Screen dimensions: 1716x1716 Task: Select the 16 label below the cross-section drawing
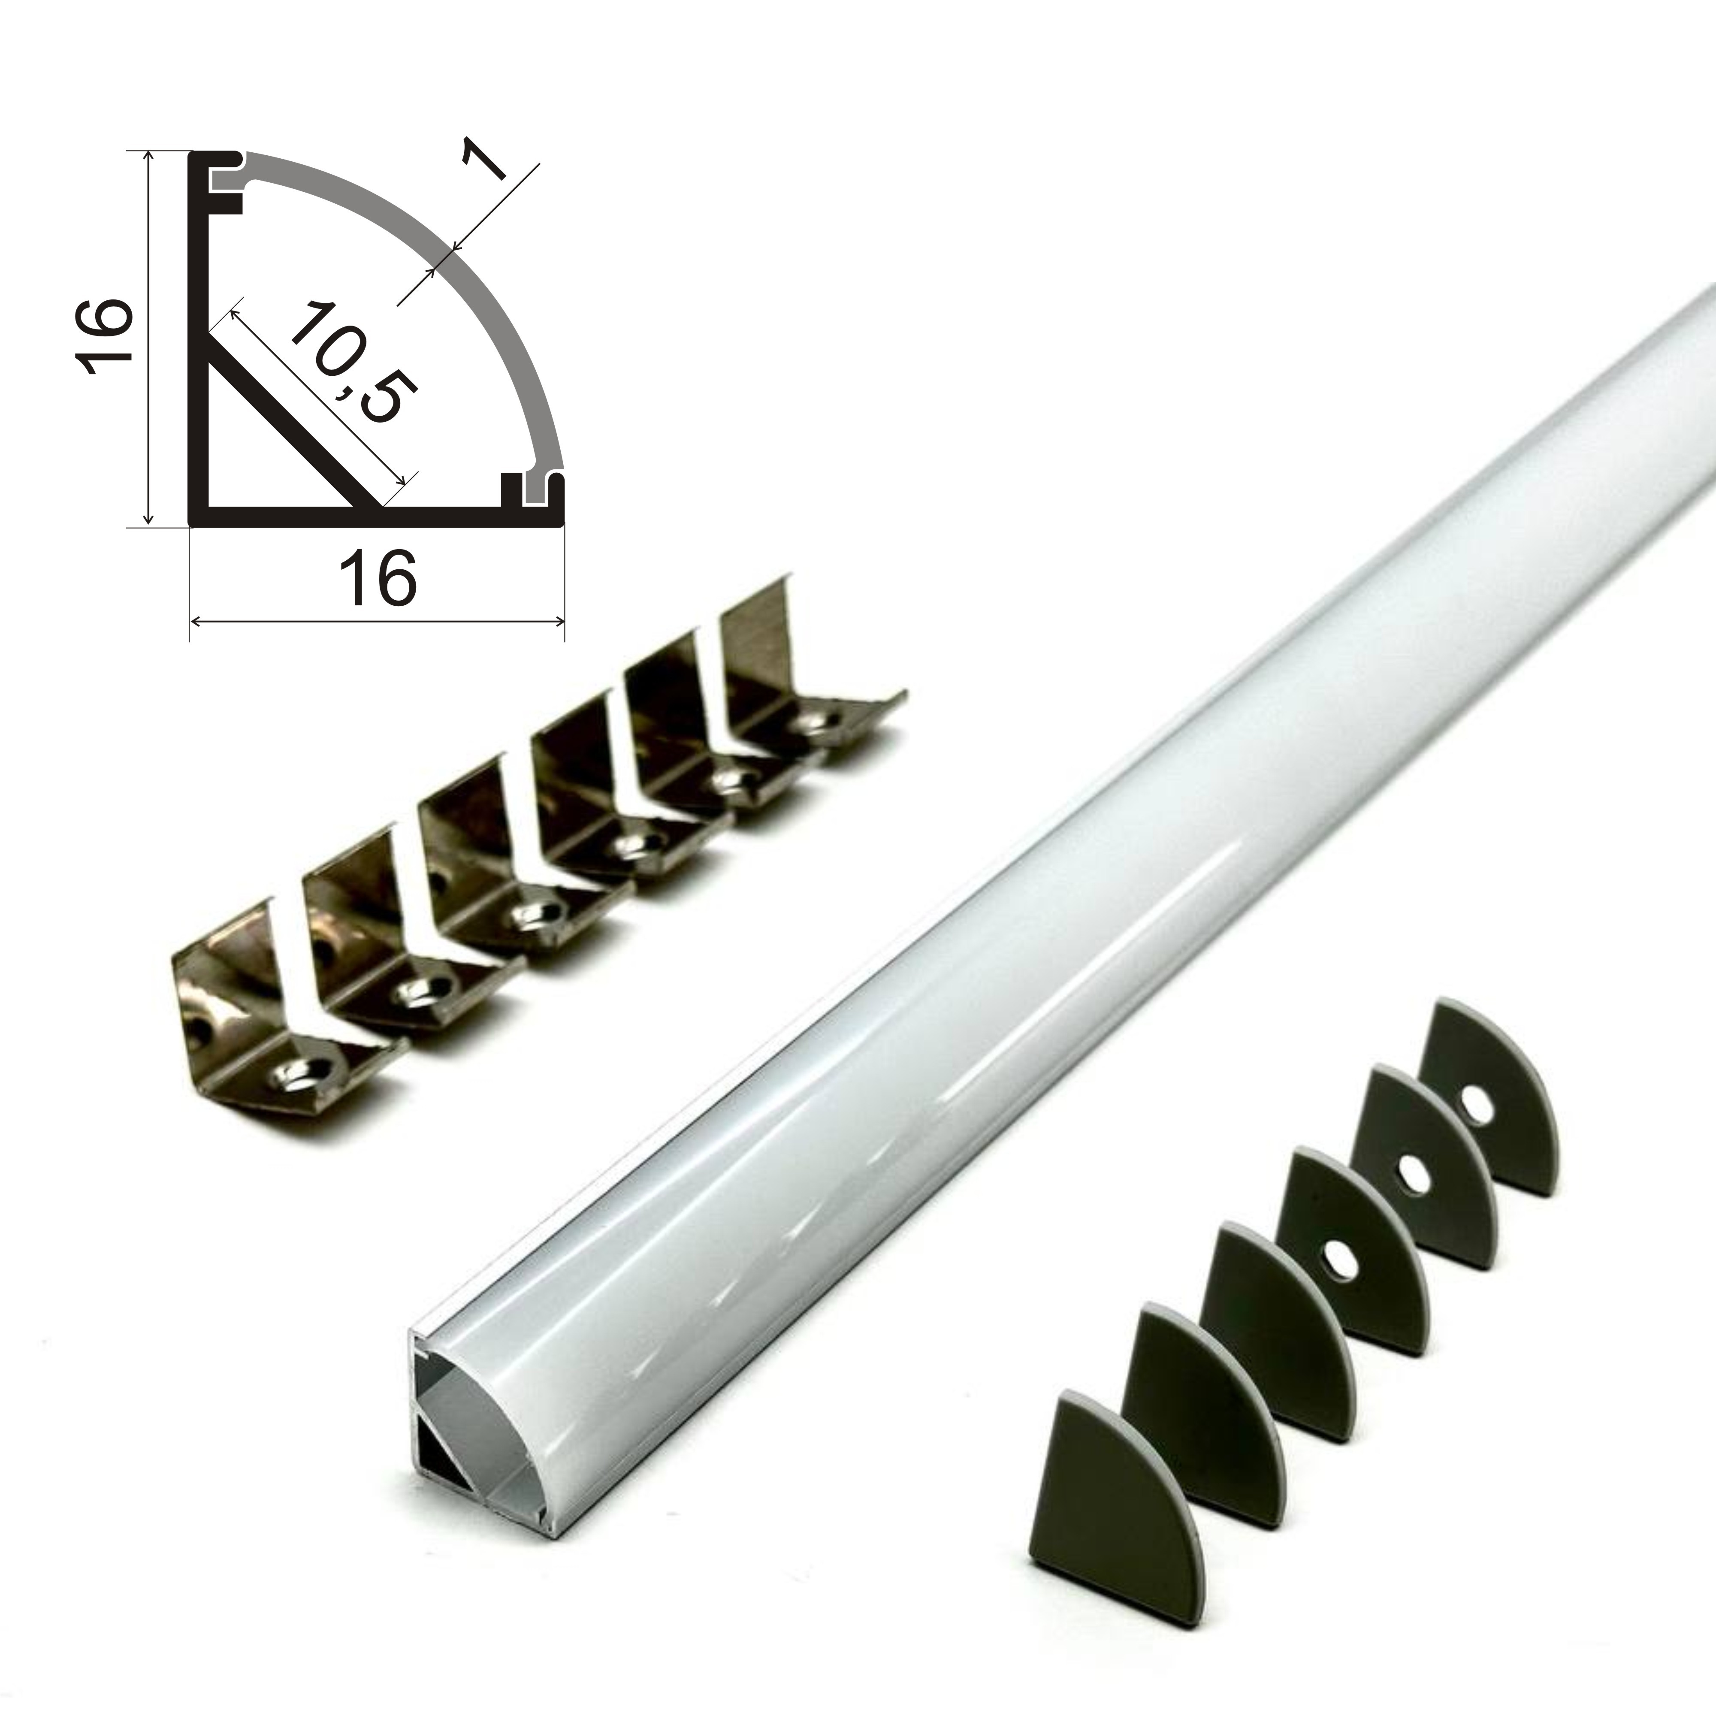[383, 578]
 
